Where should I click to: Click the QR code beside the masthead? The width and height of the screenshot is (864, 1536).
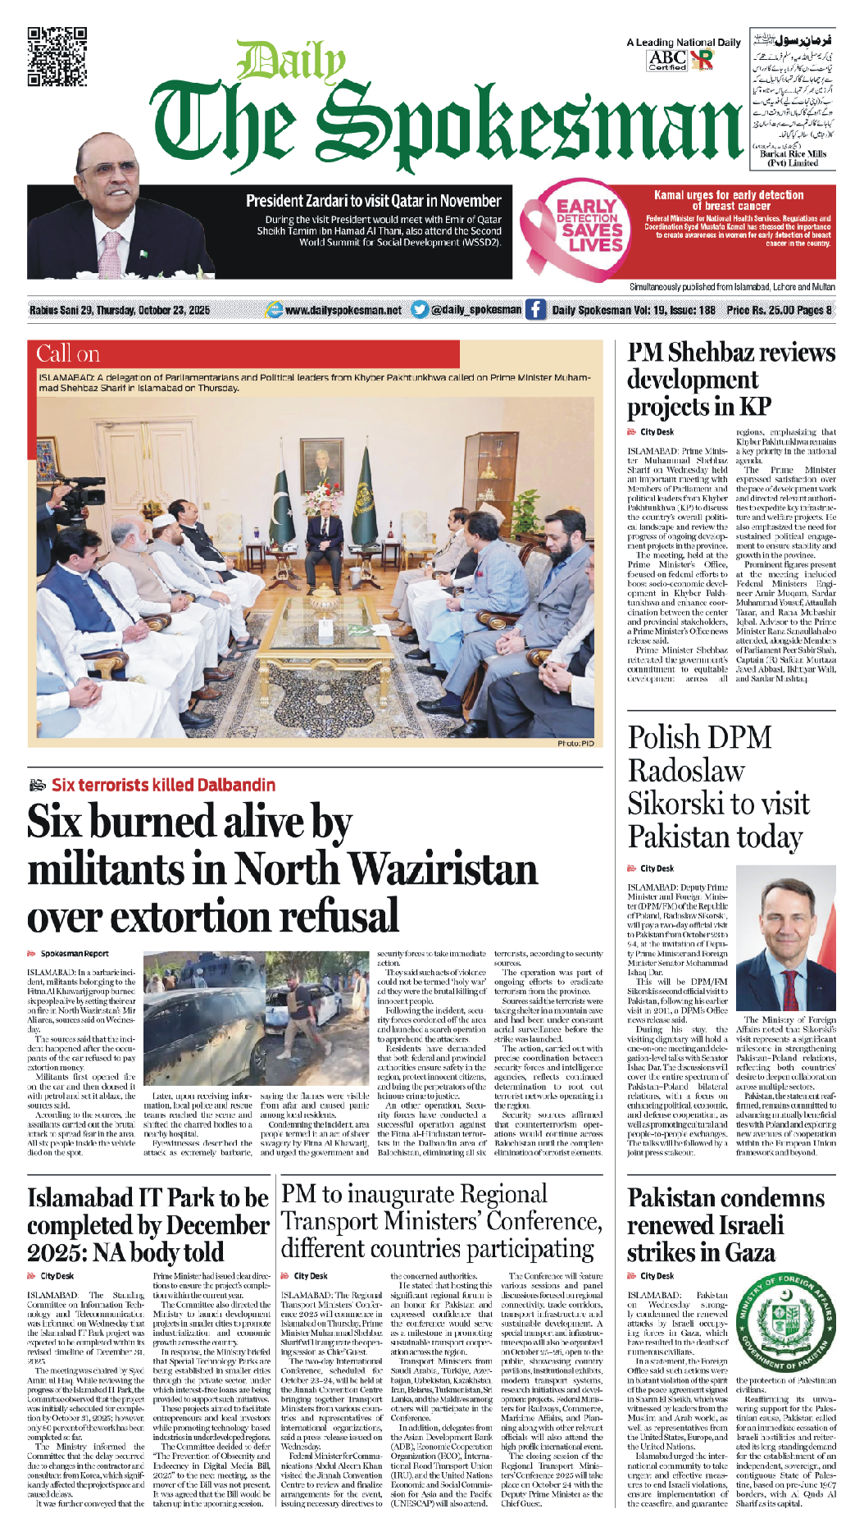point(57,57)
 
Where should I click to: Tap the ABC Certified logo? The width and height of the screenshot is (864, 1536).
point(667,59)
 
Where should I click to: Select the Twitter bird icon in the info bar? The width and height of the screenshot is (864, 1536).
point(420,309)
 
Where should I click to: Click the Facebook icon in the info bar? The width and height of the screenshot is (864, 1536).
point(535,309)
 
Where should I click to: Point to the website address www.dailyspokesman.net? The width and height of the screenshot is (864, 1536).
point(343,310)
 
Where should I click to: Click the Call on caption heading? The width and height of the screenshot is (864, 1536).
point(68,354)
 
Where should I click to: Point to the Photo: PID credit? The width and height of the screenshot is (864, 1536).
point(575,743)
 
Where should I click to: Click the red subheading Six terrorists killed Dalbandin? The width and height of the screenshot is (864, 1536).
point(163,785)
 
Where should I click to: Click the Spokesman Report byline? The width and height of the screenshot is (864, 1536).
point(75,954)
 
